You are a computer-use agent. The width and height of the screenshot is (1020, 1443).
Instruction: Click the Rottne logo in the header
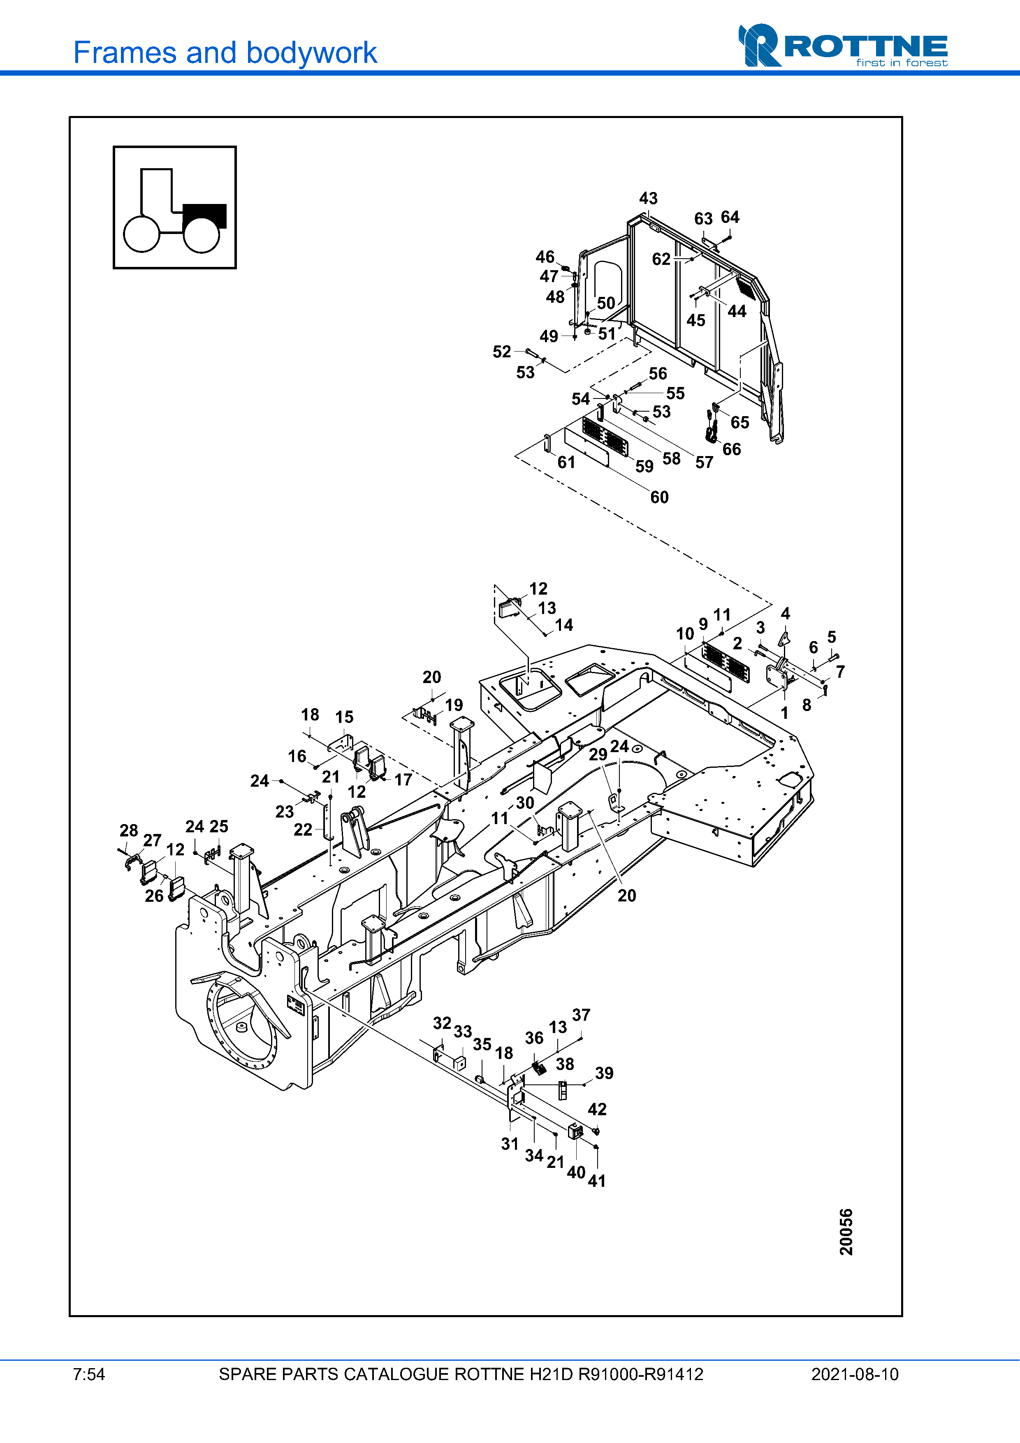click(x=843, y=45)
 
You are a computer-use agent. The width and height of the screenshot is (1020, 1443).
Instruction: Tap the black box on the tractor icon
click(x=204, y=215)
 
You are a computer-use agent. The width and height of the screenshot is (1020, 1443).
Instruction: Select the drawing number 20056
click(x=846, y=1231)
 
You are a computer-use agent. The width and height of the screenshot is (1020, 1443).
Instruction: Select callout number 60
click(x=659, y=497)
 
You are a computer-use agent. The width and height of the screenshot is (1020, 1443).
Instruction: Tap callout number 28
click(x=129, y=830)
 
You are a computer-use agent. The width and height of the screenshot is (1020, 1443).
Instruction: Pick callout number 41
click(x=596, y=1181)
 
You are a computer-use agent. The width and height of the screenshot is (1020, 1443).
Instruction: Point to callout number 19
click(x=454, y=705)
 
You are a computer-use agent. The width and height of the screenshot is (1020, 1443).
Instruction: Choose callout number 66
click(x=732, y=449)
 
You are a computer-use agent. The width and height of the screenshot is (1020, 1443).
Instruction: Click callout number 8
click(x=806, y=705)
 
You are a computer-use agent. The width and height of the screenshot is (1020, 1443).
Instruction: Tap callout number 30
click(x=525, y=803)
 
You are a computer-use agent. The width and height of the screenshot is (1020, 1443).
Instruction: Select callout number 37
click(x=581, y=1015)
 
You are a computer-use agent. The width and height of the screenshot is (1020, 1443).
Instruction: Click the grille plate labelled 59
click(x=605, y=437)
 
